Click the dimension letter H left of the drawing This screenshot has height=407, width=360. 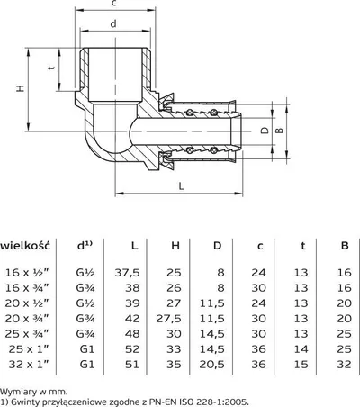point(20,88)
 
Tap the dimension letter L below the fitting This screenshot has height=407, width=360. point(181,186)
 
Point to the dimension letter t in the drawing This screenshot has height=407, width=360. point(51,68)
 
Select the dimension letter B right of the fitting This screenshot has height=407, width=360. point(279,131)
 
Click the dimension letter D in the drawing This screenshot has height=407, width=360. point(265,131)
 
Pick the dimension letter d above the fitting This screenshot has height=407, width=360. point(113,23)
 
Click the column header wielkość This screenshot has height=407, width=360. point(25,246)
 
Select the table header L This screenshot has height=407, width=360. point(135,246)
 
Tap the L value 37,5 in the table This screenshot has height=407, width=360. point(127,273)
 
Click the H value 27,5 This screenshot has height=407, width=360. point(168,319)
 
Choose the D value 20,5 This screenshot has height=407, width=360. point(211,365)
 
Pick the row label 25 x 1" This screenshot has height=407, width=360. point(29,349)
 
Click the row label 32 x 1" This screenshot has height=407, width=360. point(29,365)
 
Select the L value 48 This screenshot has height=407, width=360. point(132,334)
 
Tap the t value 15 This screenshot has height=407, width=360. point(301,365)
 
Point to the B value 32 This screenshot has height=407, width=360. point(344,365)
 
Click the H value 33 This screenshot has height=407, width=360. point(174,349)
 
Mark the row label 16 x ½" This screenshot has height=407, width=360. point(27,273)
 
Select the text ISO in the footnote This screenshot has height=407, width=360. point(186,402)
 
